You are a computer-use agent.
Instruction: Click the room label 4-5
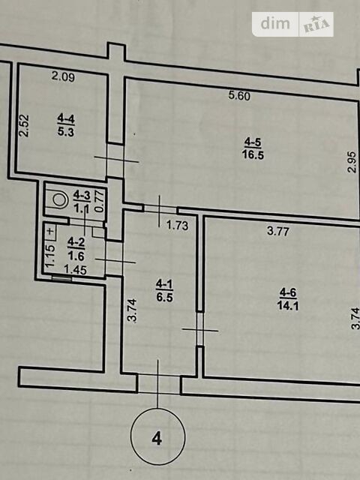tap(253, 142)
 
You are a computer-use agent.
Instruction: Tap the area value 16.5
tap(253, 155)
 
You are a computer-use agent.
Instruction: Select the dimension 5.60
tap(239, 96)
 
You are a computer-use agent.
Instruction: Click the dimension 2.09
tap(63, 76)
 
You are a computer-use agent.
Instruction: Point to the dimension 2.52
tap(24, 125)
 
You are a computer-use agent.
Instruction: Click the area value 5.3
tap(66, 132)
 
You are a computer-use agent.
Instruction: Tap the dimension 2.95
tap(352, 162)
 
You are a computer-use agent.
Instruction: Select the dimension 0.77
tap(100, 201)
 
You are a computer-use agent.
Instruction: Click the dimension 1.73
tap(177, 226)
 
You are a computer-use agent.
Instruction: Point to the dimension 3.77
tap(278, 231)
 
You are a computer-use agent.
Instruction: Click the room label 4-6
tap(288, 293)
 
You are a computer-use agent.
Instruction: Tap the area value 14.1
tap(288, 305)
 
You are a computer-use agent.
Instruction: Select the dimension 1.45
tap(75, 270)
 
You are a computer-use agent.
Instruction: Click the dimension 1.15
tap(50, 256)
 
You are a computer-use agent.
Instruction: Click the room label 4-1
tap(165, 285)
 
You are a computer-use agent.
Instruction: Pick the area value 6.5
tap(165, 297)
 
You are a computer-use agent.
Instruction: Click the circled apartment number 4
tap(158, 436)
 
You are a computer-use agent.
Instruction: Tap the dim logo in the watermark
tap(275, 23)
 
